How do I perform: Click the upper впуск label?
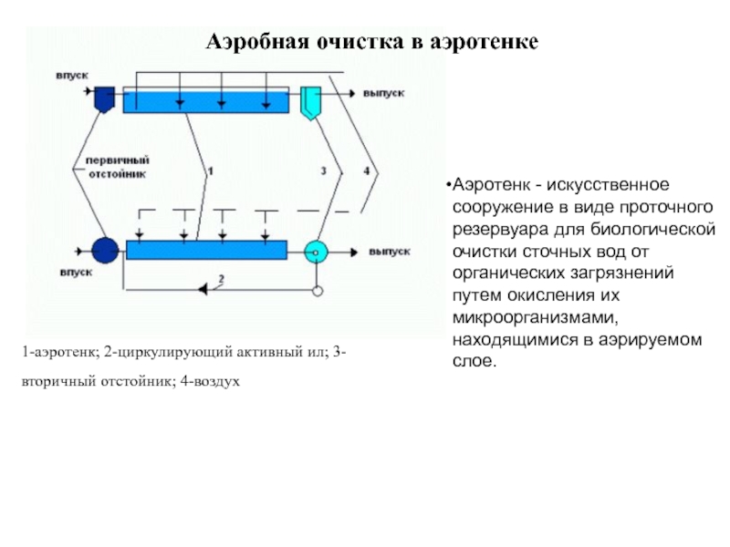[x=72, y=76]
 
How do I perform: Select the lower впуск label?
[x=76, y=273]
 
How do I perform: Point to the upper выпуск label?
[x=383, y=94]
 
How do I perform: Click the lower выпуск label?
[x=390, y=252]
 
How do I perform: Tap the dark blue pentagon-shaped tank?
[x=104, y=99]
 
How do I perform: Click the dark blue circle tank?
[x=105, y=251]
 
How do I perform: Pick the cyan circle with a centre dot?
[x=316, y=253]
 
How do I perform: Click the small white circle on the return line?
[x=318, y=291]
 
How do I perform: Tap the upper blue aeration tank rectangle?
[x=206, y=100]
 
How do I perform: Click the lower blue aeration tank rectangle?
[x=207, y=250]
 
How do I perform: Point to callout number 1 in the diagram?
[x=211, y=171]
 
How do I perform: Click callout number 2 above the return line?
[x=221, y=279]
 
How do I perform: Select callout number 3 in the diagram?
[x=324, y=170]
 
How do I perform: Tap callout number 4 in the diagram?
[x=367, y=170]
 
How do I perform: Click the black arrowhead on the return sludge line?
[x=203, y=290]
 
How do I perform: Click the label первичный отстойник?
[x=118, y=168]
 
